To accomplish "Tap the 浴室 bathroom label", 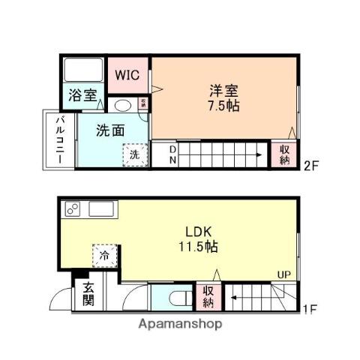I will pyautogui.click(x=82, y=95).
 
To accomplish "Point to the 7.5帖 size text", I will pyautogui.click(x=224, y=106).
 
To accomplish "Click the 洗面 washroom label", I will pyautogui.click(x=110, y=130).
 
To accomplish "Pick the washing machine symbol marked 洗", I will pyautogui.click(x=134, y=154).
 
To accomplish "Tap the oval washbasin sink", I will pyautogui.click(x=122, y=106).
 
